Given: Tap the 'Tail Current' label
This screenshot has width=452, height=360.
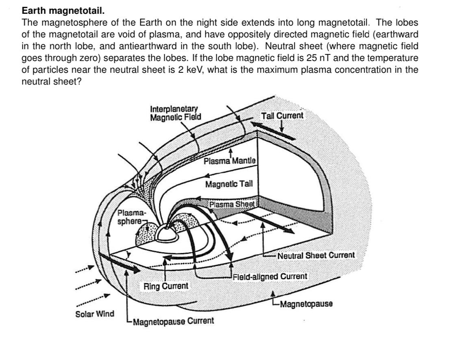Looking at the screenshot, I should tap(282, 116).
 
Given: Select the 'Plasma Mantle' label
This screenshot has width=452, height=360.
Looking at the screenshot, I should tap(230, 161).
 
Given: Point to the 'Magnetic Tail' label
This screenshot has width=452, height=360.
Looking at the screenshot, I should tap(229, 184).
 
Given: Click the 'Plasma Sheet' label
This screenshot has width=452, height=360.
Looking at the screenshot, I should tap(232, 204).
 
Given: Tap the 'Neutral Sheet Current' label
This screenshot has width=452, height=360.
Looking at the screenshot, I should tap(316, 255).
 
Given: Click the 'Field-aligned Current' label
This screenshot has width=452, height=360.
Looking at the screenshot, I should tap(270, 277).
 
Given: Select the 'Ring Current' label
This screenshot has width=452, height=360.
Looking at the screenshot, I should tap(166, 286).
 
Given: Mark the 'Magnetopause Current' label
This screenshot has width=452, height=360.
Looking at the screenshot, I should tap(173, 321).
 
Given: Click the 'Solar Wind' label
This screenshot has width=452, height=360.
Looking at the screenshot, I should tap(95, 314).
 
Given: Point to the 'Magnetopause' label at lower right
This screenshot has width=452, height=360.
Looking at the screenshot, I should tap(306, 304).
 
